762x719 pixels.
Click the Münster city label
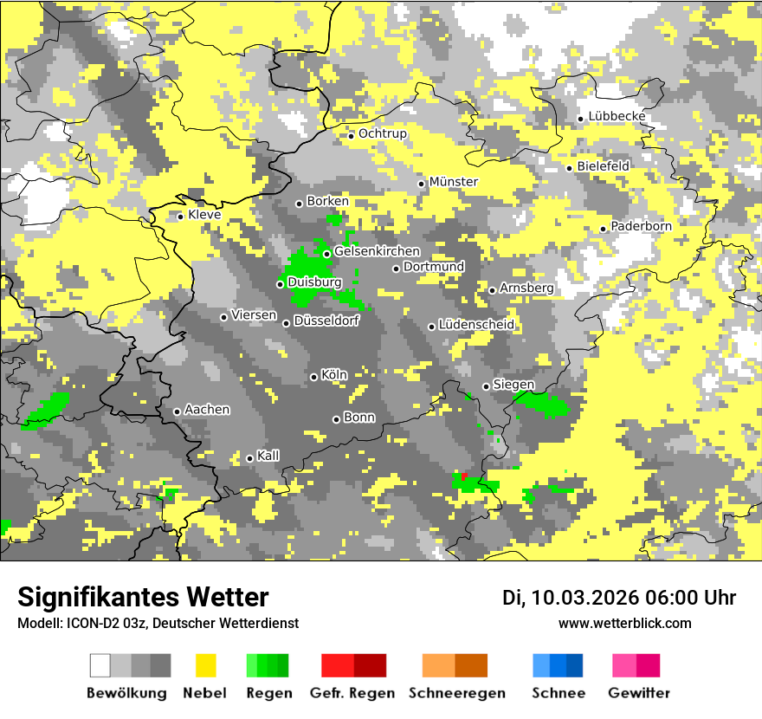tap(454, 181)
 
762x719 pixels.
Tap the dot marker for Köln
tap(314, 376)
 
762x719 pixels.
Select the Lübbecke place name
tap(617, 116)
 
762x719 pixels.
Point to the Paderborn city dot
tap(604, 229)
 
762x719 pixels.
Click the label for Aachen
tap(207, 409)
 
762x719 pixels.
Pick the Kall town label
tap(268, 455)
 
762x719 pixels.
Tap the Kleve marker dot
tap(180, 217)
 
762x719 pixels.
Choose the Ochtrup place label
tap(383, 133)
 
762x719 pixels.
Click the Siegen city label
tap(513, 384)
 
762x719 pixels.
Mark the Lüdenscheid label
tap(476, 324)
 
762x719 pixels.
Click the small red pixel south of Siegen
tap(465, 476)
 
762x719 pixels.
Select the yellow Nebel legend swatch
tap(206, 665)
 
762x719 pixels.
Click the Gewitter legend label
tap(638, 693)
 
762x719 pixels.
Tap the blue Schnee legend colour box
tap(558, 665)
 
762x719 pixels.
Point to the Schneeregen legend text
tap(456, 693)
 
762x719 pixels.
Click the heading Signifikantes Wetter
tap(143, 597)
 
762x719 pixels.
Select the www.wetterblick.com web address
tap(624, 623)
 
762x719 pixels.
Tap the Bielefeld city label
tap(603, 165)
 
